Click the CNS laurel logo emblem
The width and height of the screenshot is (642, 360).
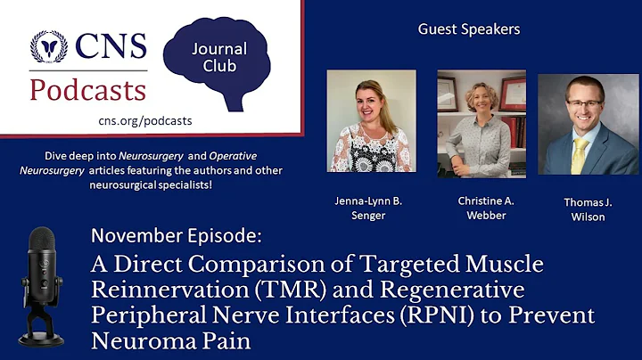(49, 46)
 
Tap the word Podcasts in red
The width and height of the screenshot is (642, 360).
(87, 89)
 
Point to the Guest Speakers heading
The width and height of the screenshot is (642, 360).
(469, 29)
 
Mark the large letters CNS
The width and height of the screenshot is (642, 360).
(111, 46)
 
